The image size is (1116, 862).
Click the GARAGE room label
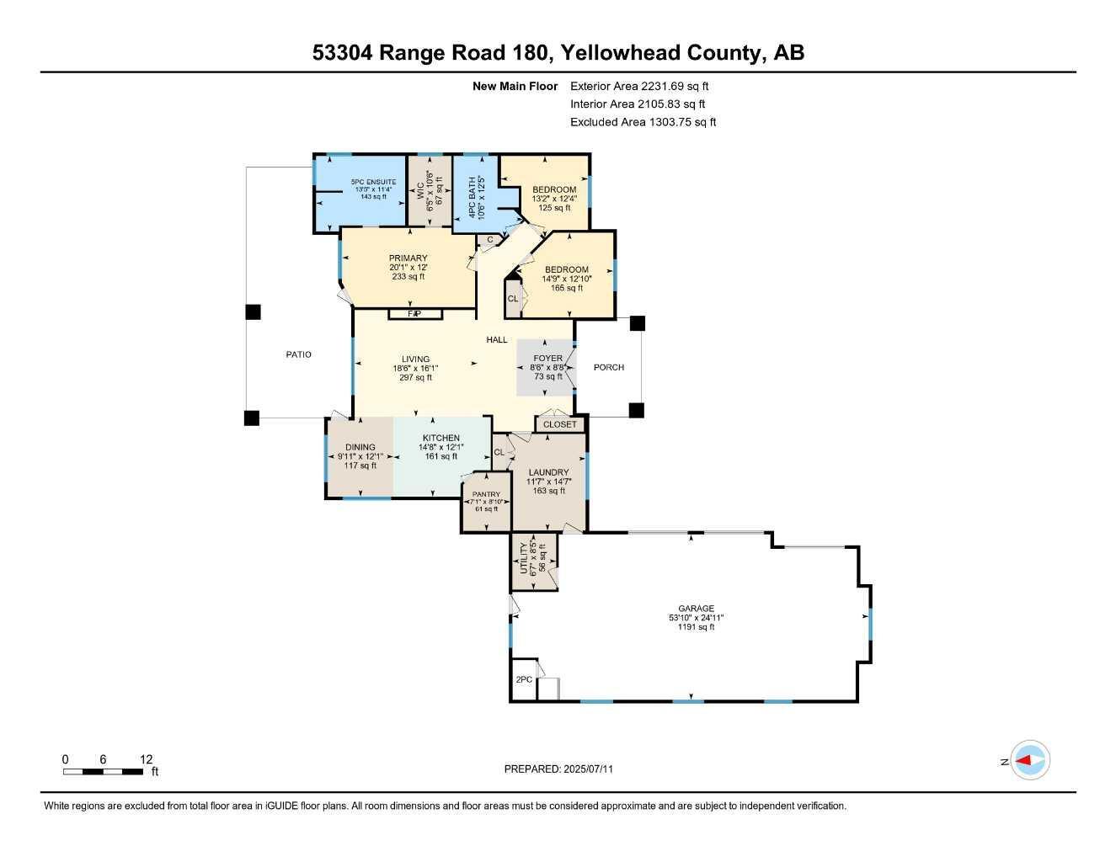point(696,609)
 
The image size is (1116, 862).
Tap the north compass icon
point(1029,760)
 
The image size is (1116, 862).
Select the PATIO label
point(298,354)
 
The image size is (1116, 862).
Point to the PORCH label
point(608,367)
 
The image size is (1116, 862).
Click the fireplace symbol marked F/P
point(414,314)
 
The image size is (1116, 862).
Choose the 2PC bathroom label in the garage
point(523,679)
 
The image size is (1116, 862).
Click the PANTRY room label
point(486,494)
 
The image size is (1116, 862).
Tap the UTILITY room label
point(524,558)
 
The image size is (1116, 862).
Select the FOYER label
point(547,359)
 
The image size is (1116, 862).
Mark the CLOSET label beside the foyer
point(560,424)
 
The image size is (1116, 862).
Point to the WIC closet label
point(419,191)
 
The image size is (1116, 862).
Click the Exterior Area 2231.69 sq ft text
point(639,86)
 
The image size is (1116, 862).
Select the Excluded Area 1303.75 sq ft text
point(643,122)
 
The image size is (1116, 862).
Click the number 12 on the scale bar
point(147,759)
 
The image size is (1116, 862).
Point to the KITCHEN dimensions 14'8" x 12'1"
point(441,447)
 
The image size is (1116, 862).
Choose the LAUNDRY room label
point(548,472)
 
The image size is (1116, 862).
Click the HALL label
point(496,339)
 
